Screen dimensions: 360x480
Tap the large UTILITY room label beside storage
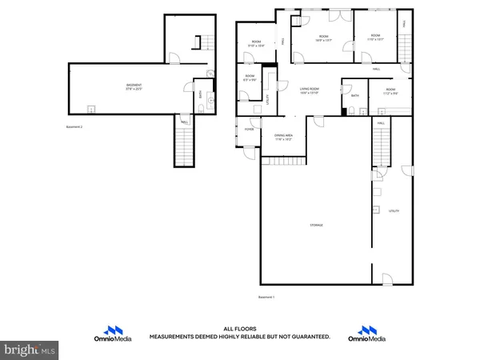[x=393, y=211]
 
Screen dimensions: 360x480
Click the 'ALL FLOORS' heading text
[x=240, y=329]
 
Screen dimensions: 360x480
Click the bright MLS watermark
[x=30, y=349]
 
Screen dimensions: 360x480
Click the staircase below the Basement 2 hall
[x=185, y=147]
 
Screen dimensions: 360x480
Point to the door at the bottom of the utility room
[x=387, y=279]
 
